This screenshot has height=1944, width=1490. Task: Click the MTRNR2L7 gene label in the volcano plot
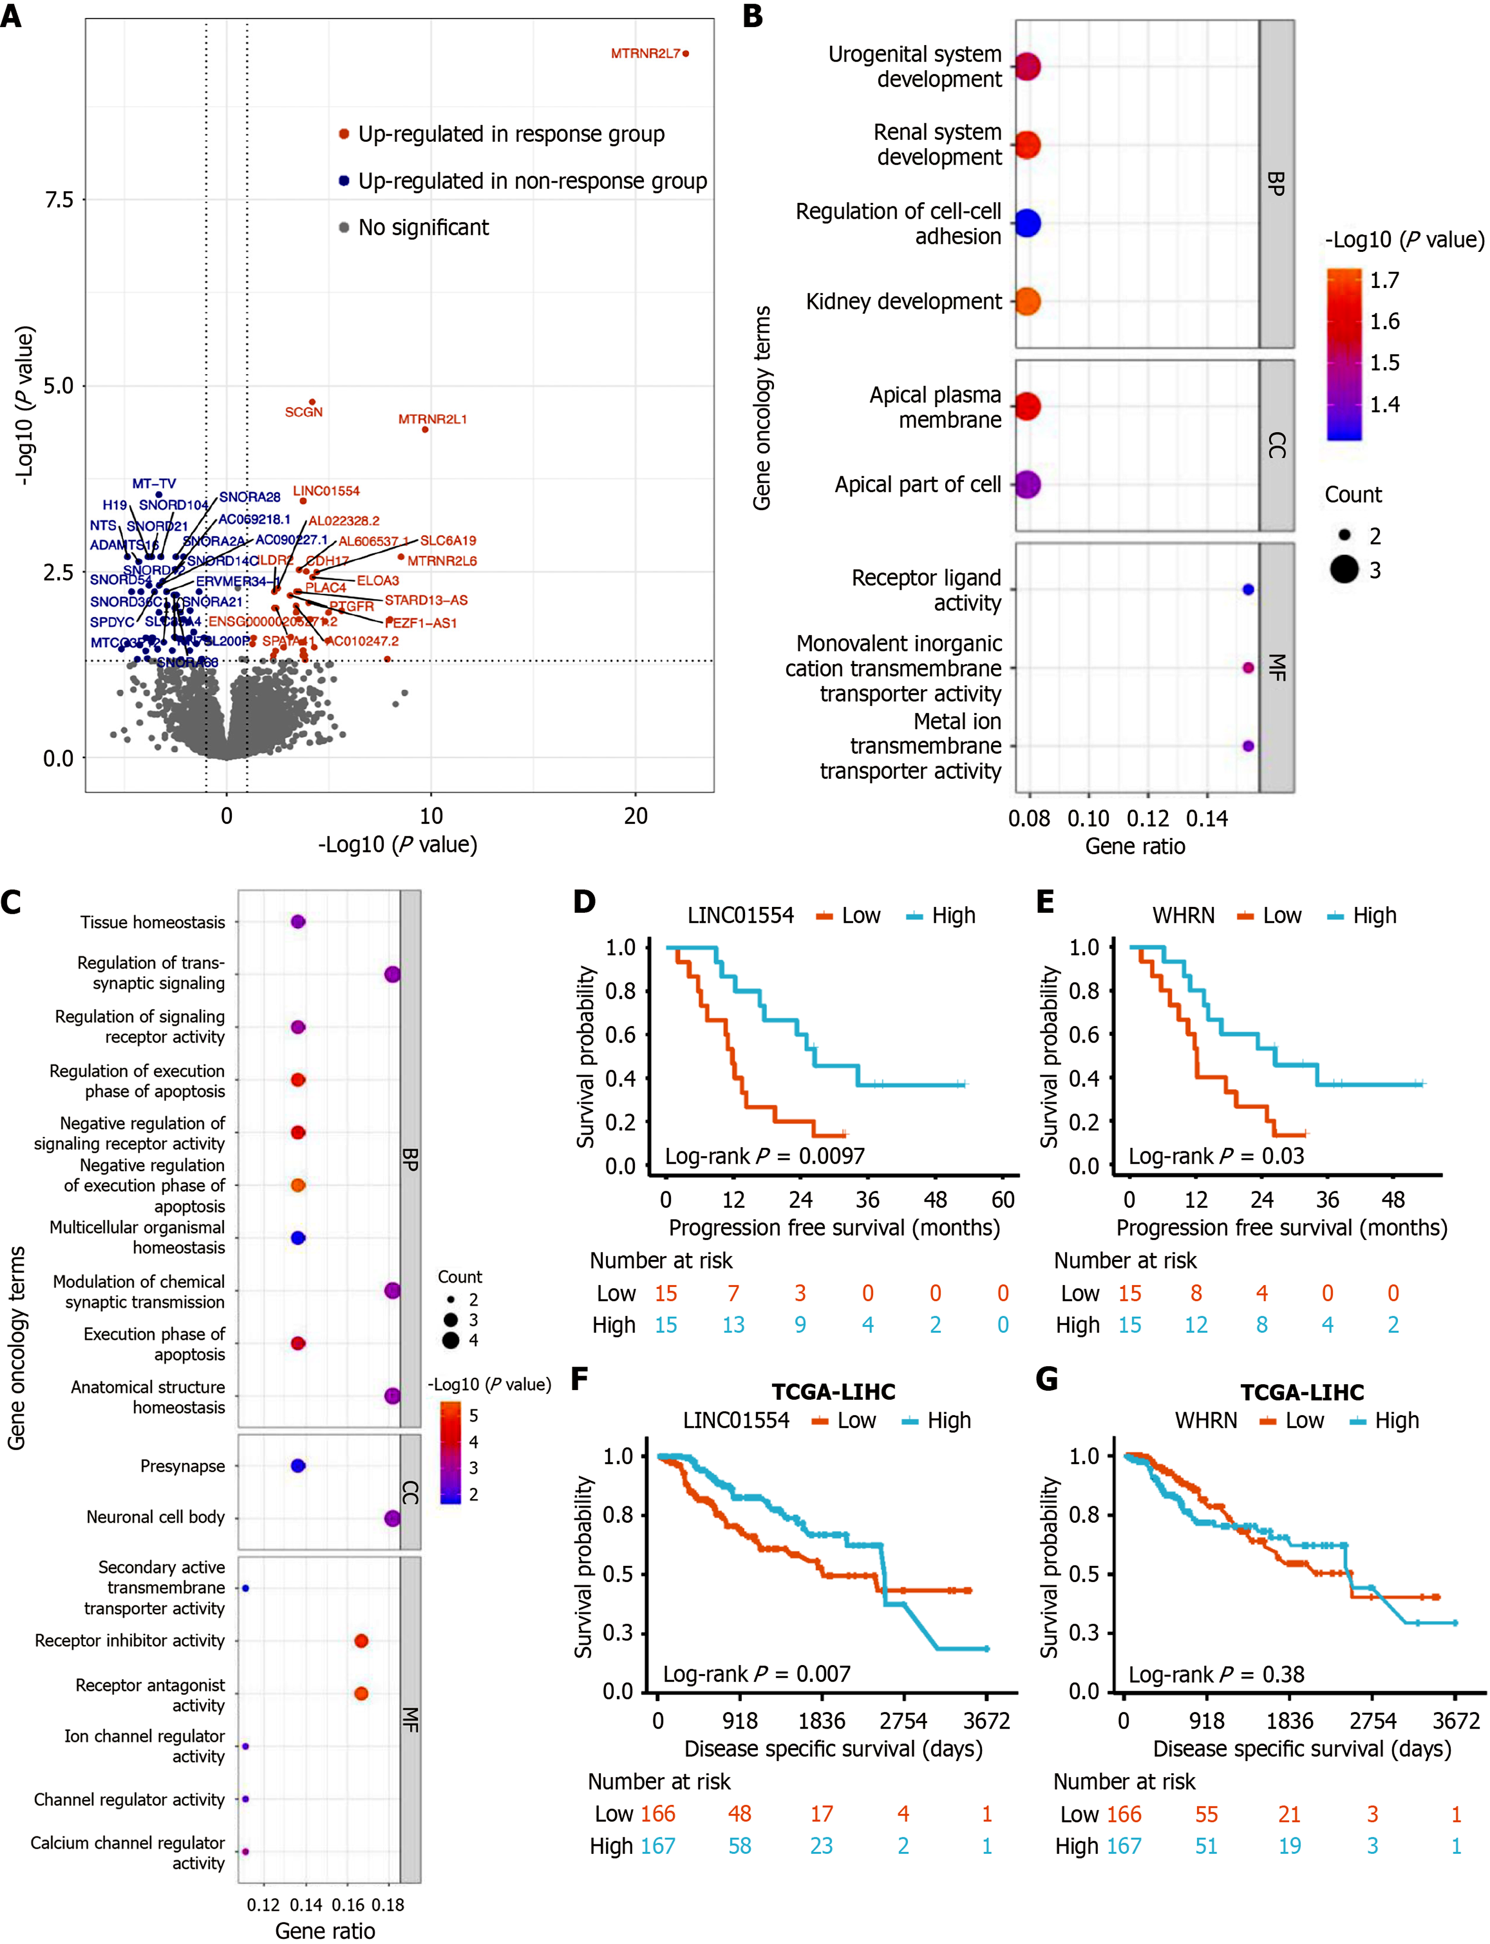(x=645, y=54)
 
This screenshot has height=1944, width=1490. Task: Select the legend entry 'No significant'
(x=423, y=228)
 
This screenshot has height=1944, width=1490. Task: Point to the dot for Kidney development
(x=1027, y=301)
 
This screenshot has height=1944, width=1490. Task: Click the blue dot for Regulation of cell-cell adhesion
(x=1027, y=223)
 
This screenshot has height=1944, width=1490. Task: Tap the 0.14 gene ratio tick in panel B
(x=1207, y=819)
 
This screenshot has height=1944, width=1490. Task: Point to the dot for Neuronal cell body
(x=392, y=1518)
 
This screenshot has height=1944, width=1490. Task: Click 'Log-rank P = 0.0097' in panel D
(x=765, y=1156)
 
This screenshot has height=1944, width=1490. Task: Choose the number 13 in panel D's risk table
(x=733, y=1325)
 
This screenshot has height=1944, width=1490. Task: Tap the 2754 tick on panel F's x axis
(x=903, y=1721)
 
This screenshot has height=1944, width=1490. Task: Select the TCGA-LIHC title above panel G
(x=1301, y=1392)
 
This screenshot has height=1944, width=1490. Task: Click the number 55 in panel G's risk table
(x=1206, y=1814)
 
